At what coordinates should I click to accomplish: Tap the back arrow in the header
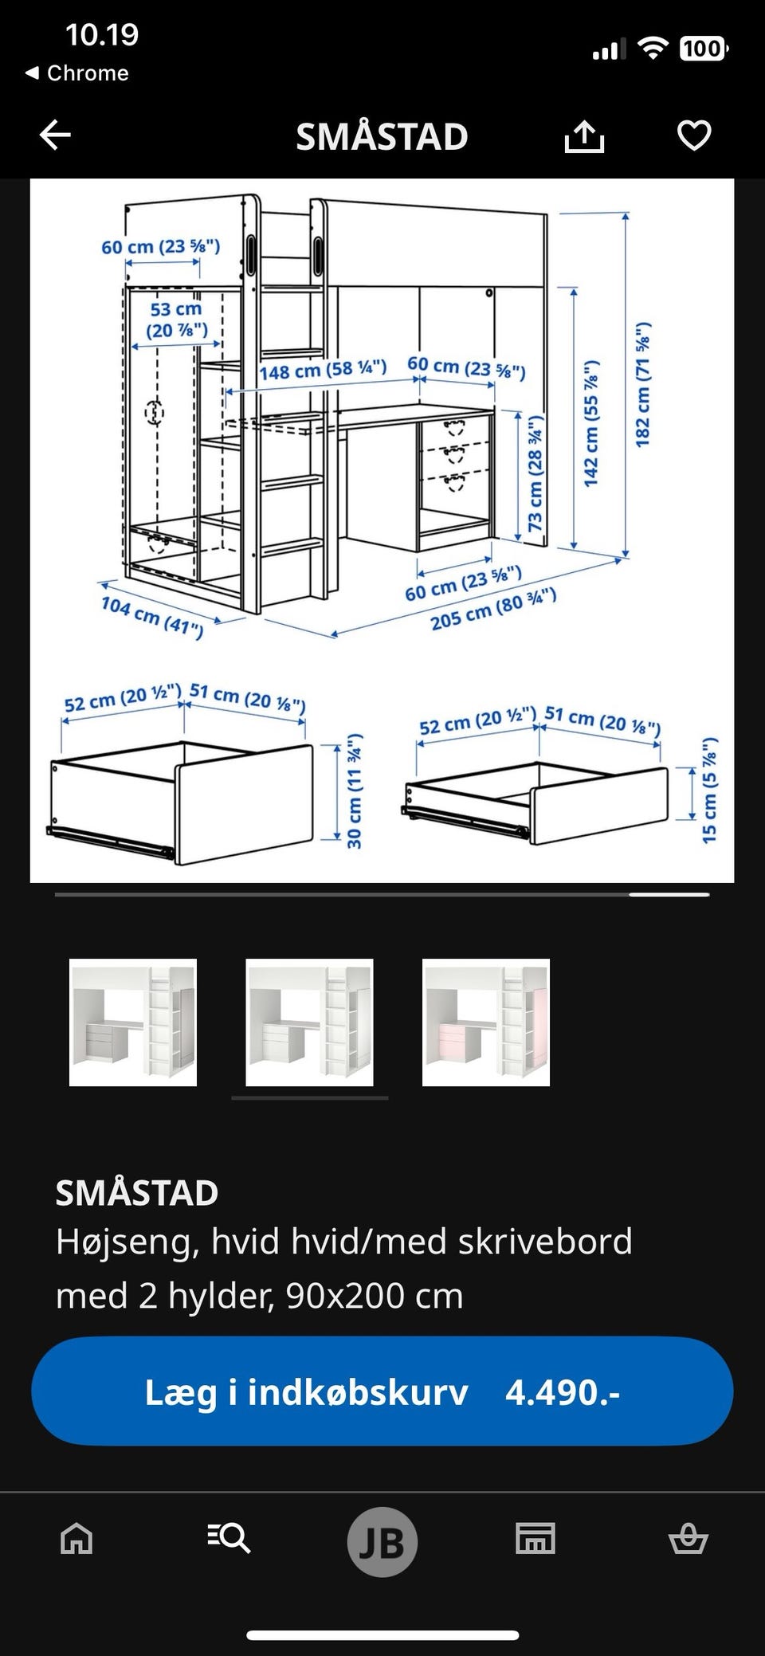(x=55, y=135)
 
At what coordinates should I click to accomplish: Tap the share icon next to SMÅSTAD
(x=584, y=136)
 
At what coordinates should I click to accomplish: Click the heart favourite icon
(x=694, y=135)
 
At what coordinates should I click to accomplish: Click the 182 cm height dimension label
(x=643, y=384)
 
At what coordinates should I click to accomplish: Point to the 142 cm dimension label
(x=590, y=423)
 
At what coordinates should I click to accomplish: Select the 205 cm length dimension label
(x=493, y=609)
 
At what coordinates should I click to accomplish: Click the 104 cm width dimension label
(x=151, y=617)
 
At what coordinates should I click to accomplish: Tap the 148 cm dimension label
(x=323, y=370)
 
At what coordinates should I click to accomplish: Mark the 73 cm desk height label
(x=535, y=473)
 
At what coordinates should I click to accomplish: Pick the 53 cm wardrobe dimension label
(x=176, y=319)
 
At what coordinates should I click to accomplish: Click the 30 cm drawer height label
(x=355, y=791)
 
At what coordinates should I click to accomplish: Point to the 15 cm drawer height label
(x=709, y=790)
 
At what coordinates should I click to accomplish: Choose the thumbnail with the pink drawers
(x=486, y=1022)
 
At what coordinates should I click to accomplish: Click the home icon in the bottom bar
(x=76, y=1539)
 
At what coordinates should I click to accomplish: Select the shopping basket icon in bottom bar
(x=688, y=1539)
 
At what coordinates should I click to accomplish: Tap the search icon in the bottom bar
(x=229, y=1539)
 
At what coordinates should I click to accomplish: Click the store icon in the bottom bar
(x=535, y=1539)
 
